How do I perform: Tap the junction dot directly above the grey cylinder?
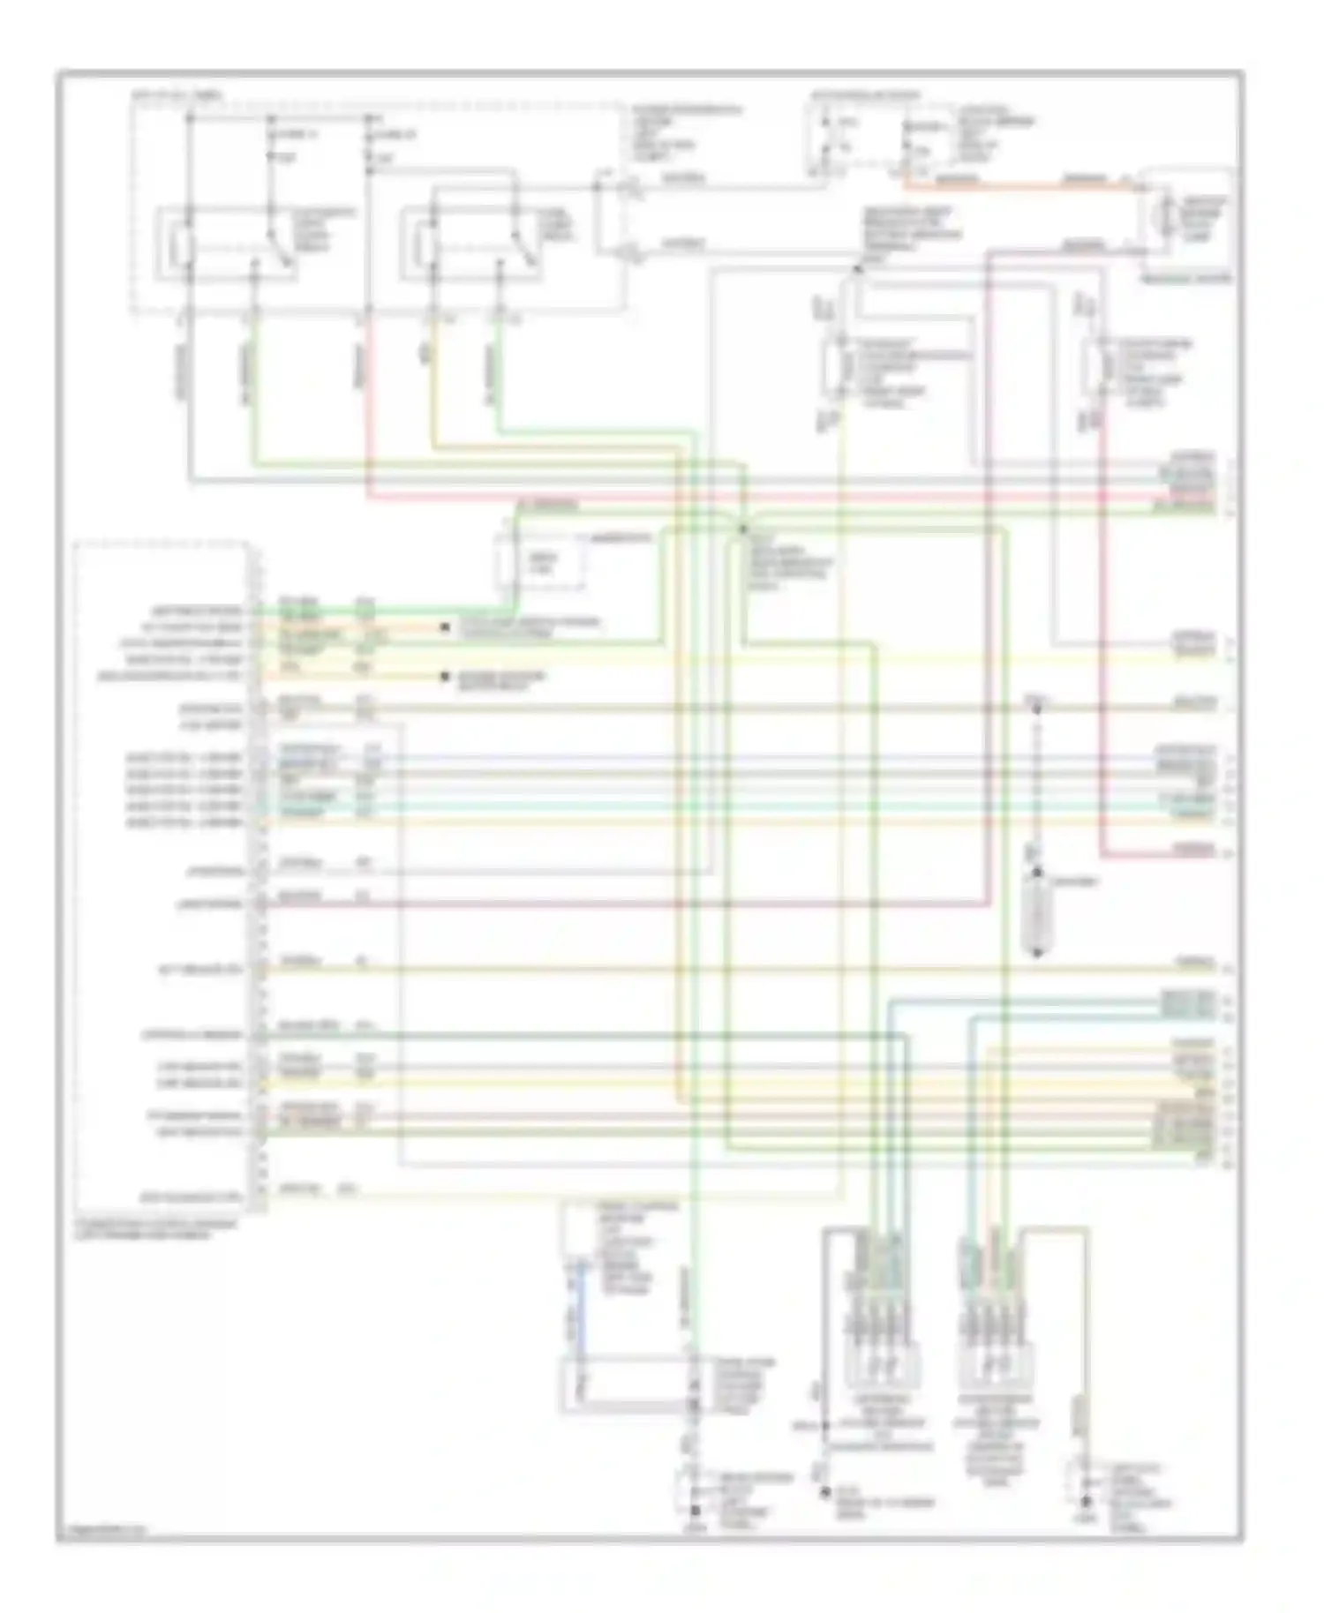[1037, 873]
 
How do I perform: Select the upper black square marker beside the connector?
[443, 627]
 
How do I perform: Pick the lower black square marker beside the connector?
[443, 678]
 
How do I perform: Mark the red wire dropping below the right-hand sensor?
[1102, 618]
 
